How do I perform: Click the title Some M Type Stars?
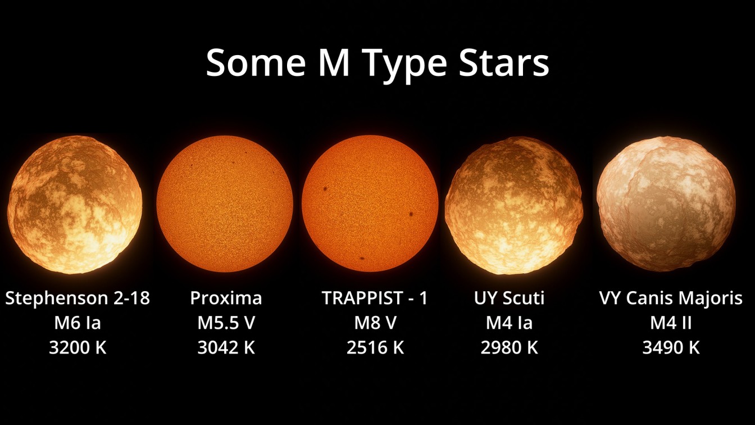pyautogui.click(x=377, y=64)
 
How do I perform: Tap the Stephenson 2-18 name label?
pyautogui.click(x=78, y=298)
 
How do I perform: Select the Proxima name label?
pyautogui.click(x=226, y=298)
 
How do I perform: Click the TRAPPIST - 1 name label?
pyautogui.click(x=375, y=298)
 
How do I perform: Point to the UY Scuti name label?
pyautogui.click(x=510, y=298)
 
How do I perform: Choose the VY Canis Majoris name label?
pyautogui.click(x=671, y=298)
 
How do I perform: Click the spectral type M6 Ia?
pyautogui.click(x=78, y=323)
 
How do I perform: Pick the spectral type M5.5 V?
pyautogui.click(x=226, y=323)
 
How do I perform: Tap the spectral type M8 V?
pyautogui.click(x=375, y=323)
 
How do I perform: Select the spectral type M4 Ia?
pyautogui.click(x=510, y=323)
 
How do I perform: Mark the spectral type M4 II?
pyautogui.click(x=671, y=323)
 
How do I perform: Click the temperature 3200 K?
pyautogui.click(x=78, y=348)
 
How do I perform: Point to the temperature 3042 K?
pyautogui.click(x=226, y=348)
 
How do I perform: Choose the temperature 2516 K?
pyautogui.click(x=375, y=348)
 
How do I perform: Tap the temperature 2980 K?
pyautogui.click(x=510, y=348)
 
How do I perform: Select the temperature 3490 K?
pyautogui.click(x=671, y=348)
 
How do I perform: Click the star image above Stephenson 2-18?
pyautogui.click(x=75, y=205)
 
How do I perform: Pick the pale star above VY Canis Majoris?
pyautogui.click(x=666, y=204)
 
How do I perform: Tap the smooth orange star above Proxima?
pyautogui.click(x=225, y=204)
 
